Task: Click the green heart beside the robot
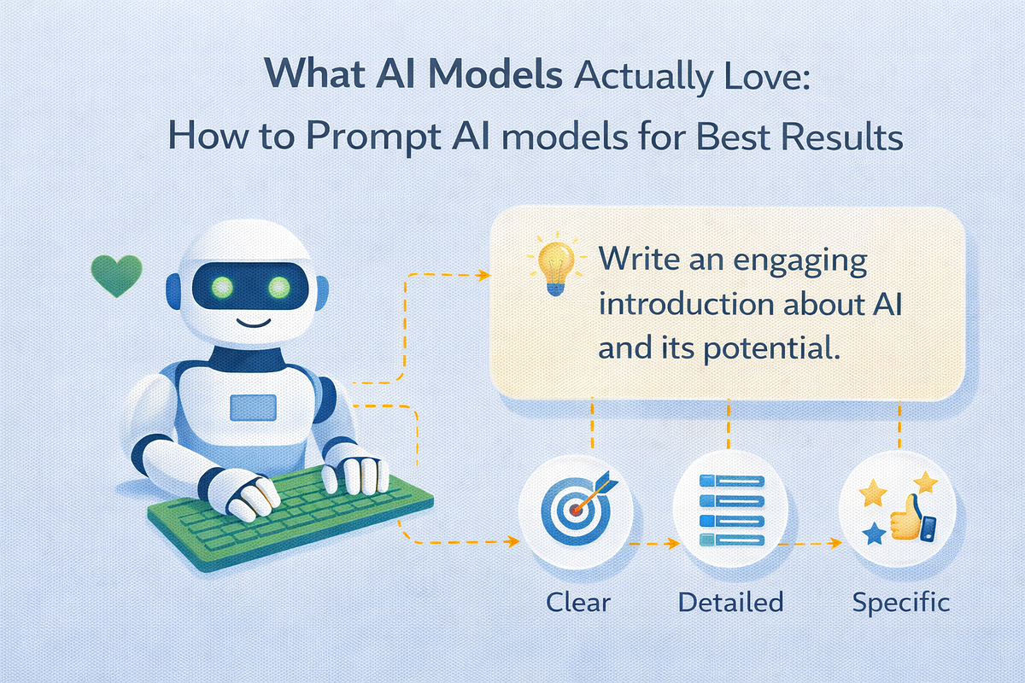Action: tap(117, 276)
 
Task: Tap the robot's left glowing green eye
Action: tap(222, 287)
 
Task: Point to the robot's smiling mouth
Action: tap(253, 323)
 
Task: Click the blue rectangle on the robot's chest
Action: tap(253, 407)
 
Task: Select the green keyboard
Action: tap(290, 518)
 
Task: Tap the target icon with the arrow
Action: tap(577, 505)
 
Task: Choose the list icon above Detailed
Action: tap(732, 511)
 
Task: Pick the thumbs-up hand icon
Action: tap(907, 517)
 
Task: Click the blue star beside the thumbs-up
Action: tap(875, 534)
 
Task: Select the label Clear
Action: tap(578, 602)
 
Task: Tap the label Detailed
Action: tap(731, 602)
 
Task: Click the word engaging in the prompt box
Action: tap(800, 261)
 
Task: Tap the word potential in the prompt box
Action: tap(771, 349)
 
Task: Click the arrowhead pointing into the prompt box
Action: tap(483, 275)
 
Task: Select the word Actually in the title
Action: tap(642, 76)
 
